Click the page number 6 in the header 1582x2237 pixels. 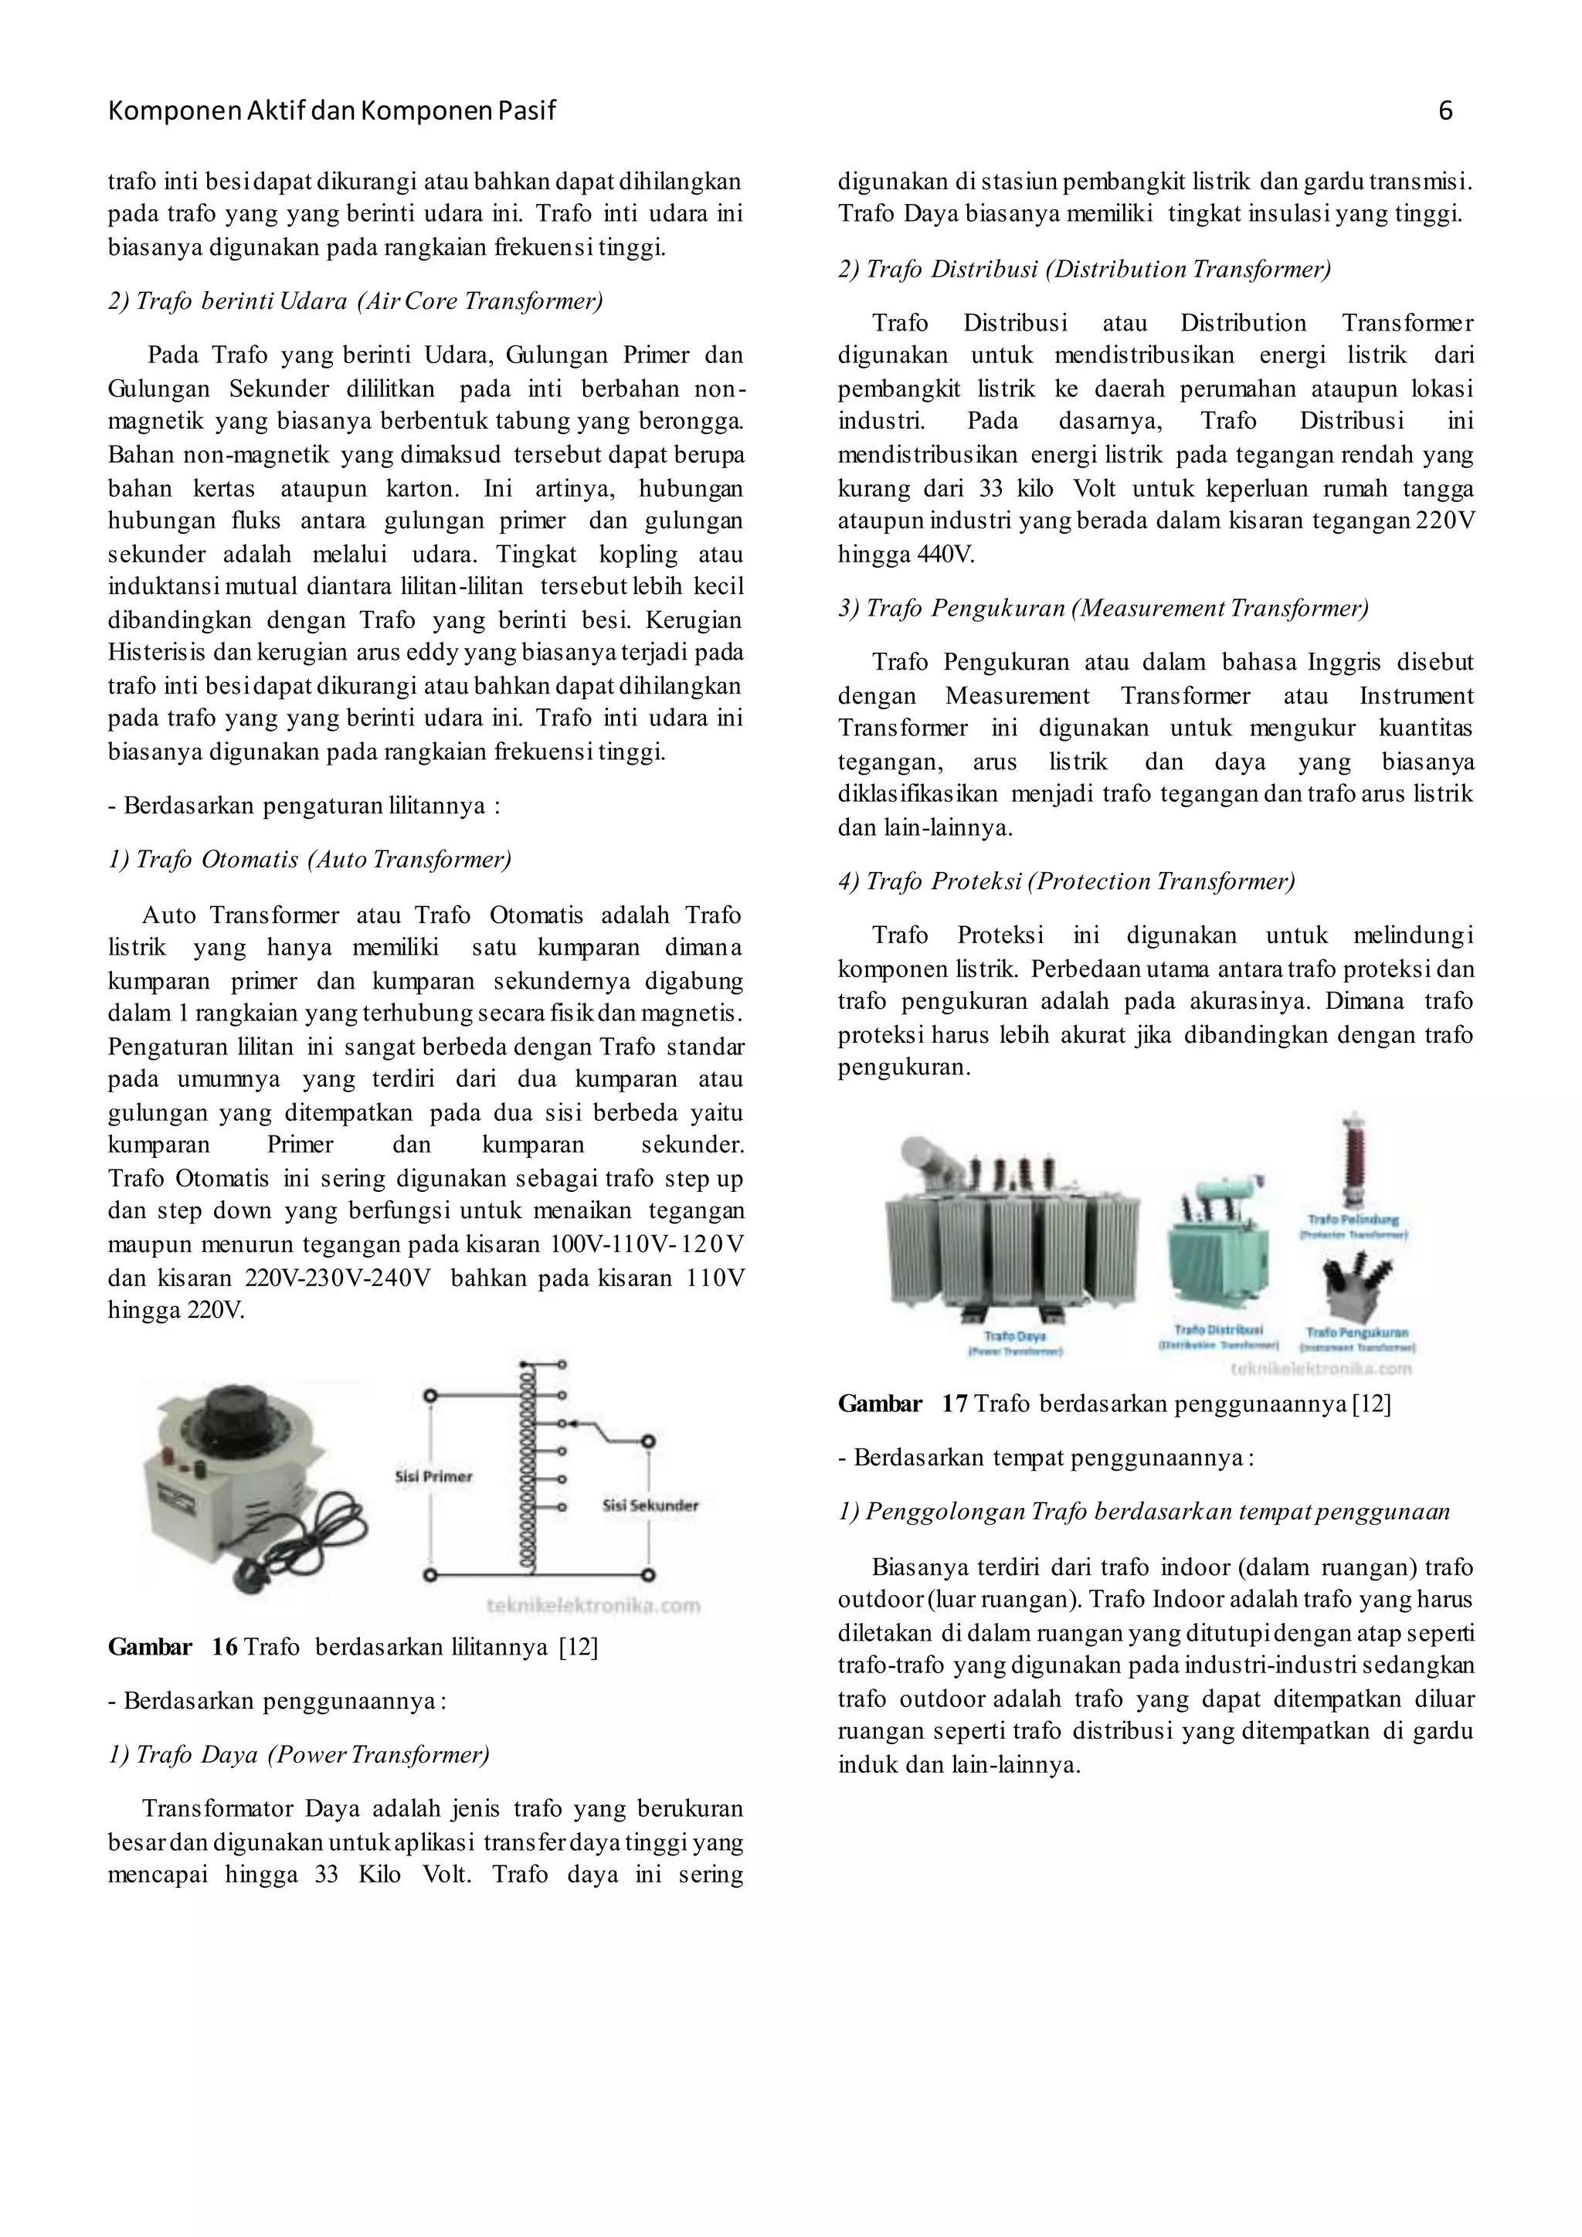pos(1445,111)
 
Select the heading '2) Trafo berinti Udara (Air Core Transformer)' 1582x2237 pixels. pos(355,301)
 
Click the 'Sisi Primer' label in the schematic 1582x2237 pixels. pos(433,1476)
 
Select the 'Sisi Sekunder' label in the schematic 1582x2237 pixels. pos(650,1505)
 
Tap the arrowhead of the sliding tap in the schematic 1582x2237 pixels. pos(574,1424)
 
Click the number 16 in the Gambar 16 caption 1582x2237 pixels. pos(224,1648)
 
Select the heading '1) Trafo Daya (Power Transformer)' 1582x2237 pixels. pos(298,1755)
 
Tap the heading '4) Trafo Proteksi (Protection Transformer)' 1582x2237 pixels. pos(1066,881)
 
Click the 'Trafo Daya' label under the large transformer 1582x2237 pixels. pos(1014,1337)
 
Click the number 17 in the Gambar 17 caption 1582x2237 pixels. pos(954,1404)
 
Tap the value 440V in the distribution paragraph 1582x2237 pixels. pos(944,555)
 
